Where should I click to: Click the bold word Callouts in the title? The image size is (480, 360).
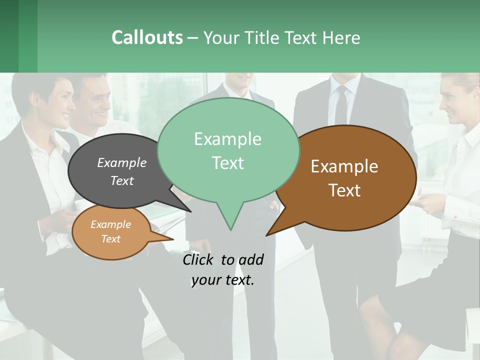[x=147, y=37]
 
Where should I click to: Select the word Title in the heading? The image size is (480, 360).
[x=261, y=37]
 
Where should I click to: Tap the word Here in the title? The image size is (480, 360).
[x=341, y=37]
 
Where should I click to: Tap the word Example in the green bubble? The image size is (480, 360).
[x=227, y=139]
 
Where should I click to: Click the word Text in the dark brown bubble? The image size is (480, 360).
[x=344, y=190]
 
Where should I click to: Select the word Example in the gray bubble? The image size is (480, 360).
[x=122, y=162]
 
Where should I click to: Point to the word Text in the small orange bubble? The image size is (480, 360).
[x=110, y=239]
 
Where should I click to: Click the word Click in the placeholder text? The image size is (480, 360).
[x=198, y=259]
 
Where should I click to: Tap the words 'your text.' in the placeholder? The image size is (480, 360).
[x=223, y=280]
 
